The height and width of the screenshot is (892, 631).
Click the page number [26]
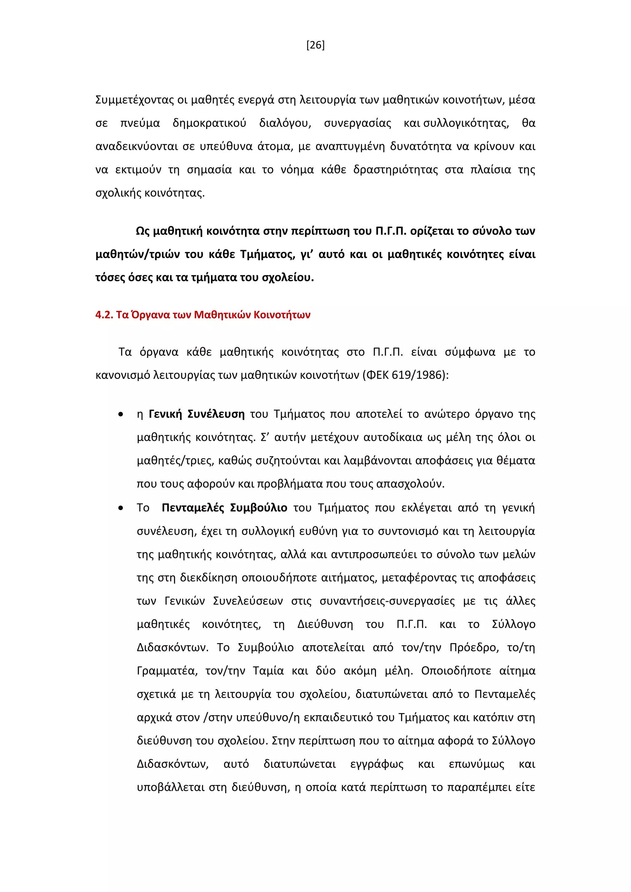click(315, 46)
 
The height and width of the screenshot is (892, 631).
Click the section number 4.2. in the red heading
click(104, 315)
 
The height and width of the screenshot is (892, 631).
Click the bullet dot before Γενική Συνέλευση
click(121, 415)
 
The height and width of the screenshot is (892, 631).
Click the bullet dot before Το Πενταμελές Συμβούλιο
click(121, 508)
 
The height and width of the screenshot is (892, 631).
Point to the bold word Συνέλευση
click(216, 414)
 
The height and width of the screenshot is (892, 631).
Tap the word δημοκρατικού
click(210, 124)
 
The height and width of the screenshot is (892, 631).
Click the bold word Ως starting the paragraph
click(142, 231)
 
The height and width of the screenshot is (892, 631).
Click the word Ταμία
click(268, 671)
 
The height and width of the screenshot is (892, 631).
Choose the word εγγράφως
click(377, 764)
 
